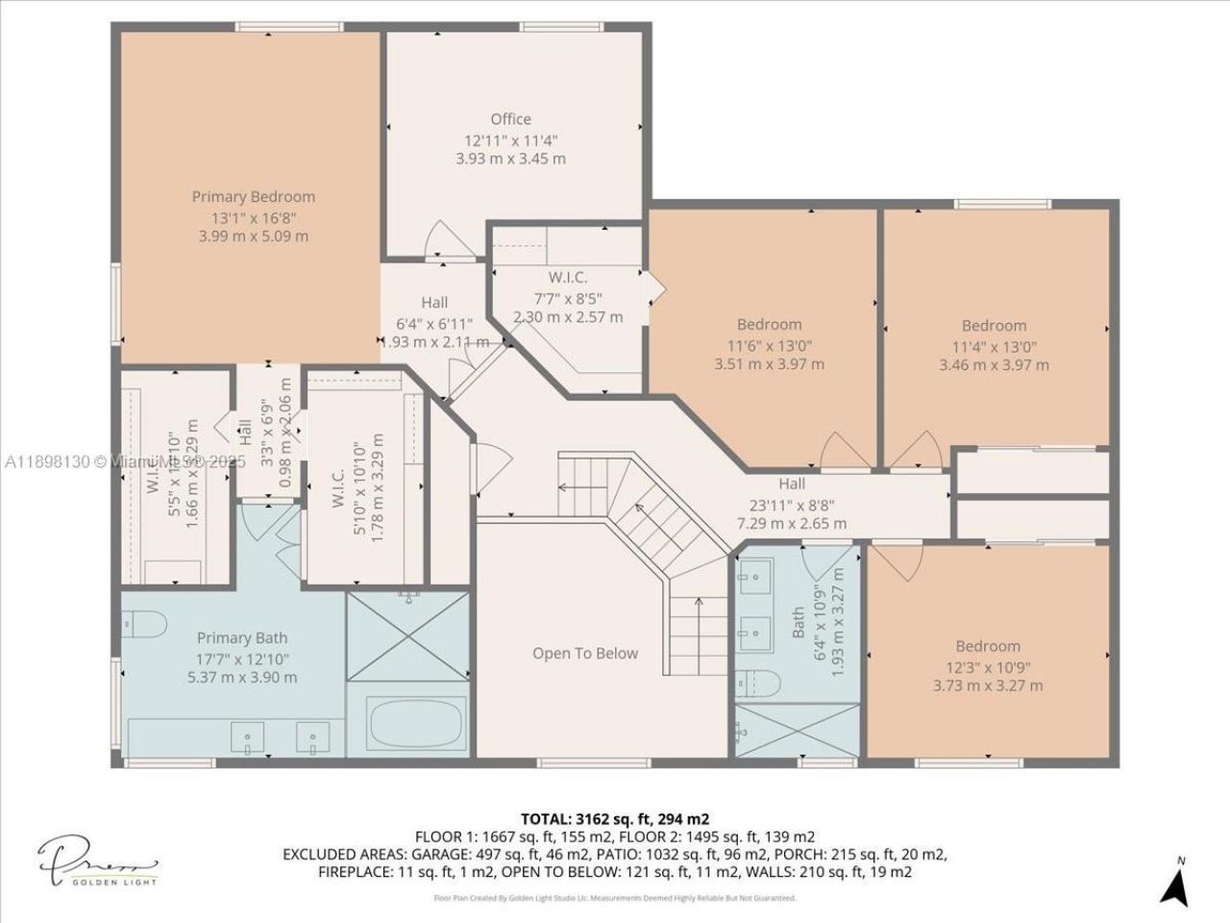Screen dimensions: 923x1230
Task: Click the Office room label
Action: pos(510,119)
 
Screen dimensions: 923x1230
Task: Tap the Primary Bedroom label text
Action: pos(253,196)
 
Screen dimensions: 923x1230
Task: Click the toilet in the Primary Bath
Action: pos(143,623)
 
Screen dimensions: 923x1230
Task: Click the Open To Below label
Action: pos(584,653)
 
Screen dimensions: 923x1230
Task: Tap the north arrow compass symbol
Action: pos(1174,881)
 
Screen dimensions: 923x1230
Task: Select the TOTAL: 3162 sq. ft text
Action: pos(614,819)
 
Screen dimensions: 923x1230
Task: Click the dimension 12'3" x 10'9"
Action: pos(988,666)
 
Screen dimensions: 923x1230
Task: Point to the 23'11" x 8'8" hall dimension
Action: pos(792,504)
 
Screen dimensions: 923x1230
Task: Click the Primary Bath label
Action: pos(242,637)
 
